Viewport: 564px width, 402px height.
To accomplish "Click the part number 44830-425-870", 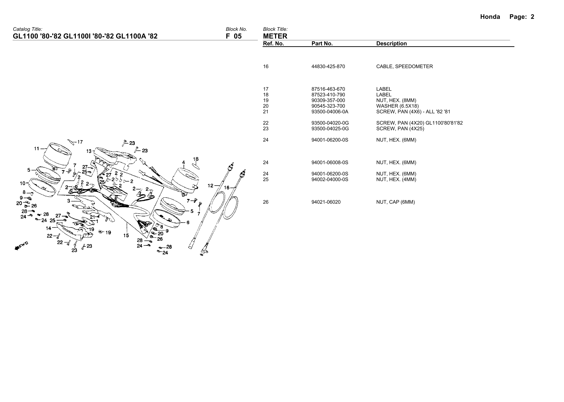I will (x=328, y=66).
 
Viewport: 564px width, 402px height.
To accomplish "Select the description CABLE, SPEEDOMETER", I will (x=404, y=66).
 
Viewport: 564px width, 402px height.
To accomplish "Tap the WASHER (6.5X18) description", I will (x=397, y=106).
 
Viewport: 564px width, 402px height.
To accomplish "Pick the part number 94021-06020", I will (x=326, y=202).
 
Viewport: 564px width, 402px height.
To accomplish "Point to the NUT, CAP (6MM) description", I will (x=395, y=202).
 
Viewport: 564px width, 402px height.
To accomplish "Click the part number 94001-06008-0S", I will (x=330, y=162).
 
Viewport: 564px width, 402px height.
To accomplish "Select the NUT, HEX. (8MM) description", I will (x=396, y=100).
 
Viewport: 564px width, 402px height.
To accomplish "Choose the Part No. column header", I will (x=322, y=44).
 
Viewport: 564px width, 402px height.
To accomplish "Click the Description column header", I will (x=391, y=44).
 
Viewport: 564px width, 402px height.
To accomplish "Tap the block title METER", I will (x=275, y=36).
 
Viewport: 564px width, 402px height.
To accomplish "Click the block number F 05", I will (x=234, y=36).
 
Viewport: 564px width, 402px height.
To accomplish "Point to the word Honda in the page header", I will (x=490, y=17).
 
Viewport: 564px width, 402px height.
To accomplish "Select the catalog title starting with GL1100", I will (x=85, y=36).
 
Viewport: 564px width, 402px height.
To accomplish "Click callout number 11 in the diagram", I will (x=37, y=148).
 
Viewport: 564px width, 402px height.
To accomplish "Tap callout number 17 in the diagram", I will (x=80, y=142).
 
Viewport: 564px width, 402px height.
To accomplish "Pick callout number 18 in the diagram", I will (x=196, y=159).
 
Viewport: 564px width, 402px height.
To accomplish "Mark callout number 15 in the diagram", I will (x=126, y=235).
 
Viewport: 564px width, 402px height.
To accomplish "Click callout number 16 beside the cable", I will (x=227, y=188).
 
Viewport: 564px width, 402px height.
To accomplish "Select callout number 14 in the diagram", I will (x=48, y=228).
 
